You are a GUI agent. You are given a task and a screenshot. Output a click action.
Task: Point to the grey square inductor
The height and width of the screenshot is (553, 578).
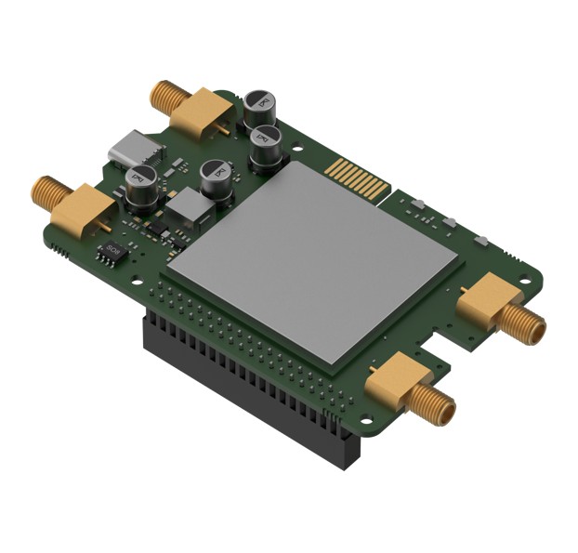[x=192, y=208]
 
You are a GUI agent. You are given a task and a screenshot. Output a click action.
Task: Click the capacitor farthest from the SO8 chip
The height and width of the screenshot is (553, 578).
[x=261, y=108]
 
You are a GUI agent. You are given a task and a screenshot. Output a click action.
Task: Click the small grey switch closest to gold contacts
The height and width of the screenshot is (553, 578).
[x=417, y=204]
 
